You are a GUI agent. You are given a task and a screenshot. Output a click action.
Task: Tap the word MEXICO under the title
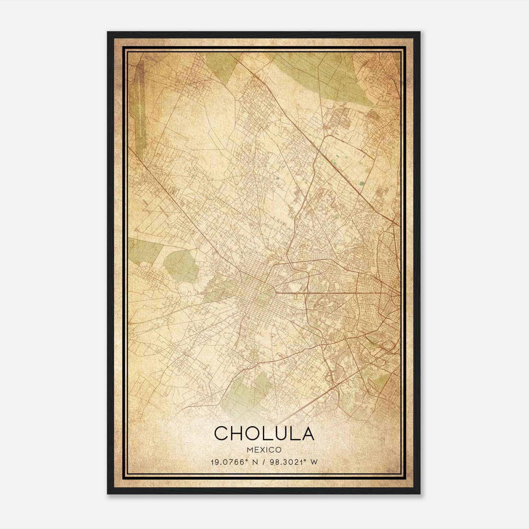pyautogui.click(x=264, y=450)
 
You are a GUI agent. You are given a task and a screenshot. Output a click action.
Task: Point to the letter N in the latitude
pyautogui.click(x=254, y=462)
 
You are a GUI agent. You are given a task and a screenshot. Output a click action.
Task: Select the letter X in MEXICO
pyautogui.click(x=262, y=450)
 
